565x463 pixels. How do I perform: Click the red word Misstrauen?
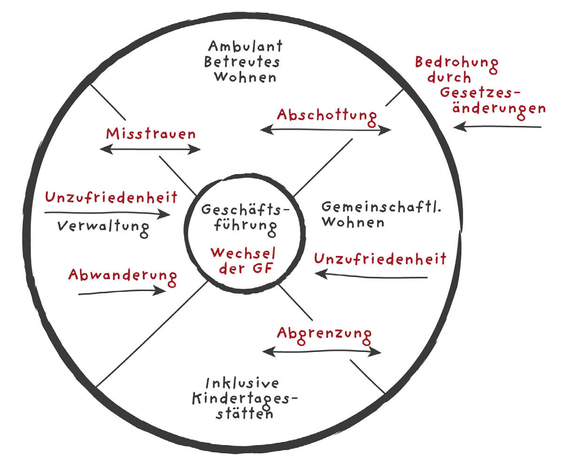(151, 134)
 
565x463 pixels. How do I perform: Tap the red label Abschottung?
(327, 116)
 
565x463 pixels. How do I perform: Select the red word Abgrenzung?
(324, 334)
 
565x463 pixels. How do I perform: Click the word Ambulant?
(245, 46)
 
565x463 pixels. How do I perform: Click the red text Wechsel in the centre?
(243, 253)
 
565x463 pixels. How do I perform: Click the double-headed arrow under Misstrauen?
(151, 149)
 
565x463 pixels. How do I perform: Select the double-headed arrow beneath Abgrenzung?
(322, 351)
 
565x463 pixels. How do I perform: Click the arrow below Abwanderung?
(122, 292)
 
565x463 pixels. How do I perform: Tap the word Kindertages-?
(245, 399)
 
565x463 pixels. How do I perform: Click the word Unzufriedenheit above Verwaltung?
(111, 197)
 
